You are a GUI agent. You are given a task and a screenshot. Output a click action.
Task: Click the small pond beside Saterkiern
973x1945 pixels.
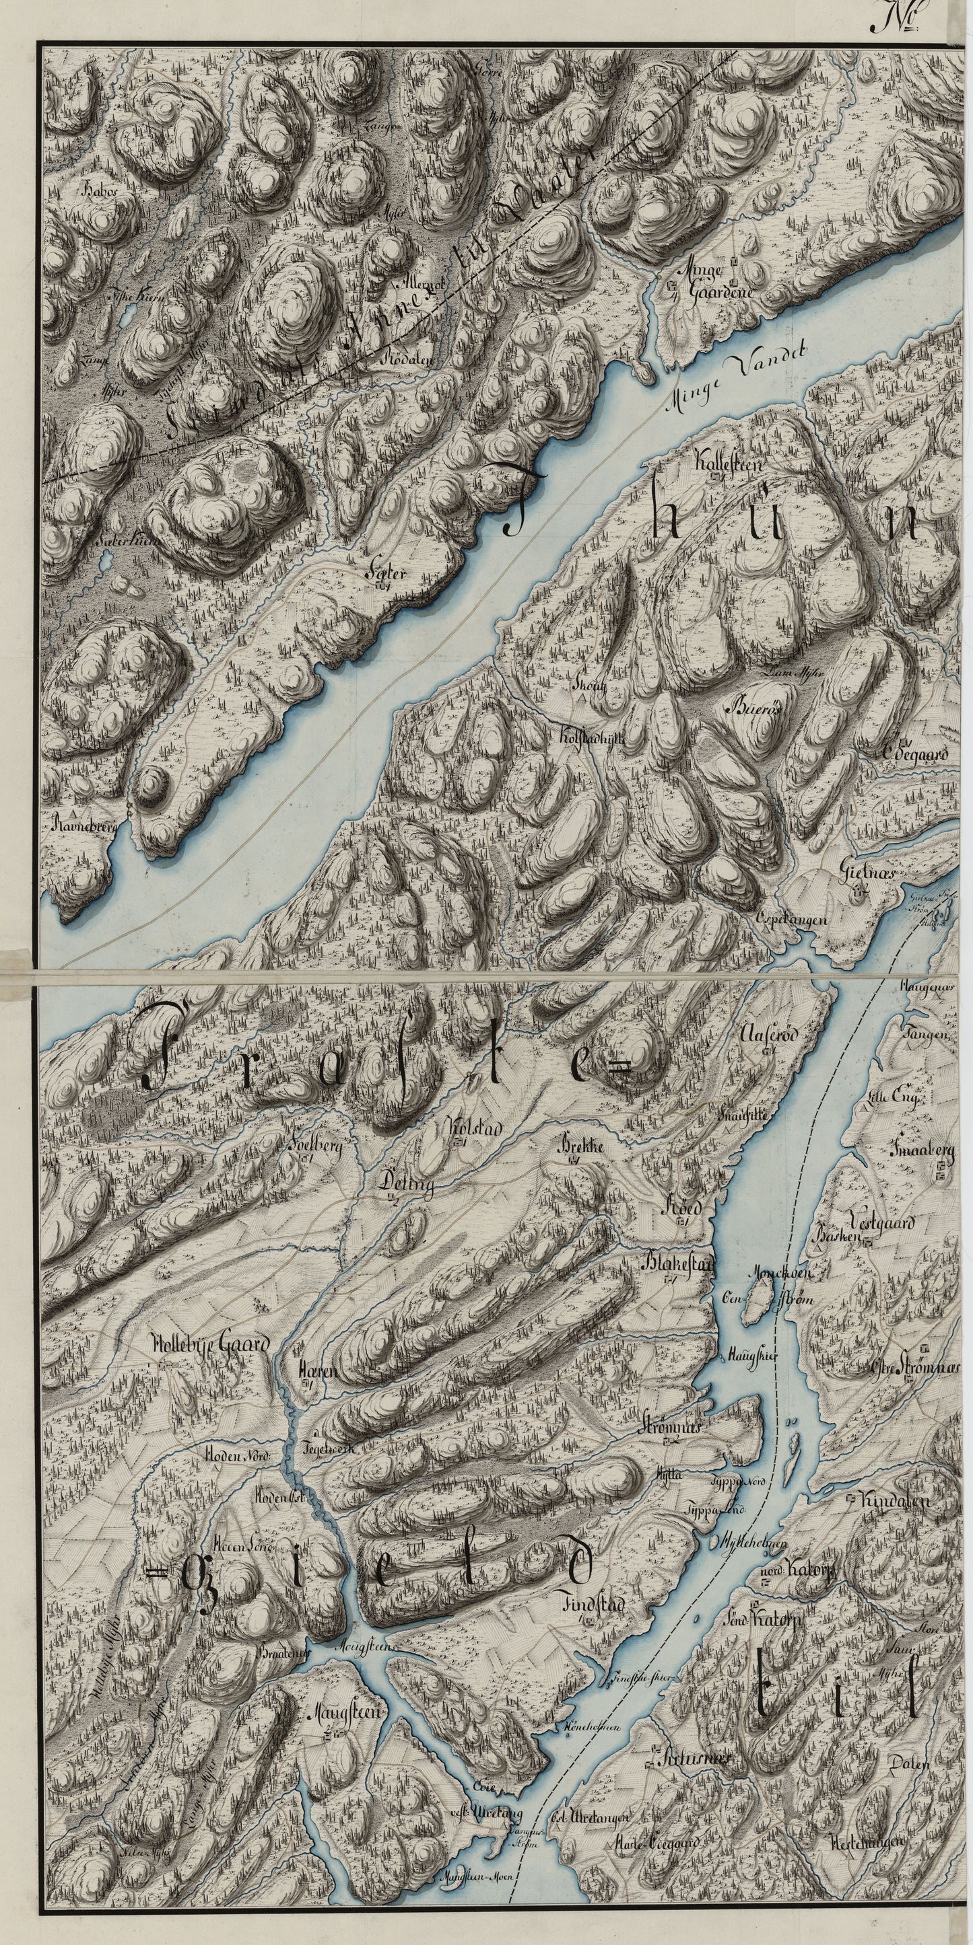(x=106, y=560)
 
